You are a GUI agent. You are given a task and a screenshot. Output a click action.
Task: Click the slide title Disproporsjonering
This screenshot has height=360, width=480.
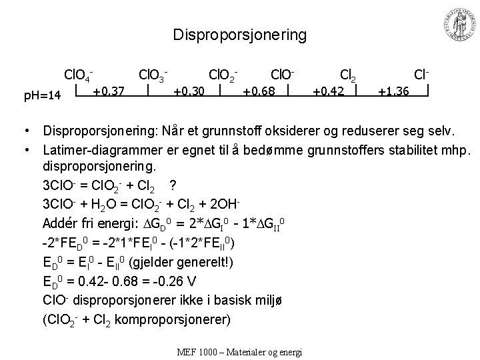coord(239,35)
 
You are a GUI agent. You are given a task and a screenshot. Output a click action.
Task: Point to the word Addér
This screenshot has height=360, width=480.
coord(60,221)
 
